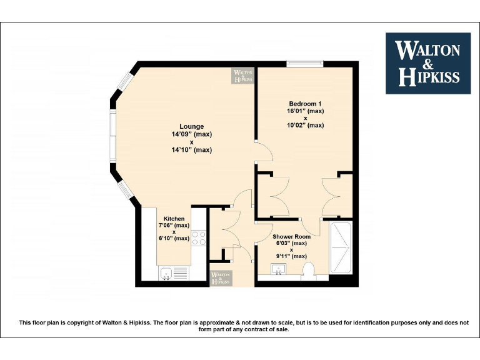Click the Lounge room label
click(192, 126)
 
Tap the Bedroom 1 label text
click(306, 103)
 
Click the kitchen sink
click(166, 273)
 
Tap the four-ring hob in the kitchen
click(198, 238)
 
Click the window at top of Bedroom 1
click(305, 62)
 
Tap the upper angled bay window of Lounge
click(125, 83)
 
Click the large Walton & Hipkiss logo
click(427, 63)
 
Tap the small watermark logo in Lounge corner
click(243, 76)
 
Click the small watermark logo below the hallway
click(221, 277)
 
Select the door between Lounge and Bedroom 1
click(263, 152)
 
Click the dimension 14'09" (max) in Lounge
click(192, 134)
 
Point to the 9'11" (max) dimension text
click(291, 256)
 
